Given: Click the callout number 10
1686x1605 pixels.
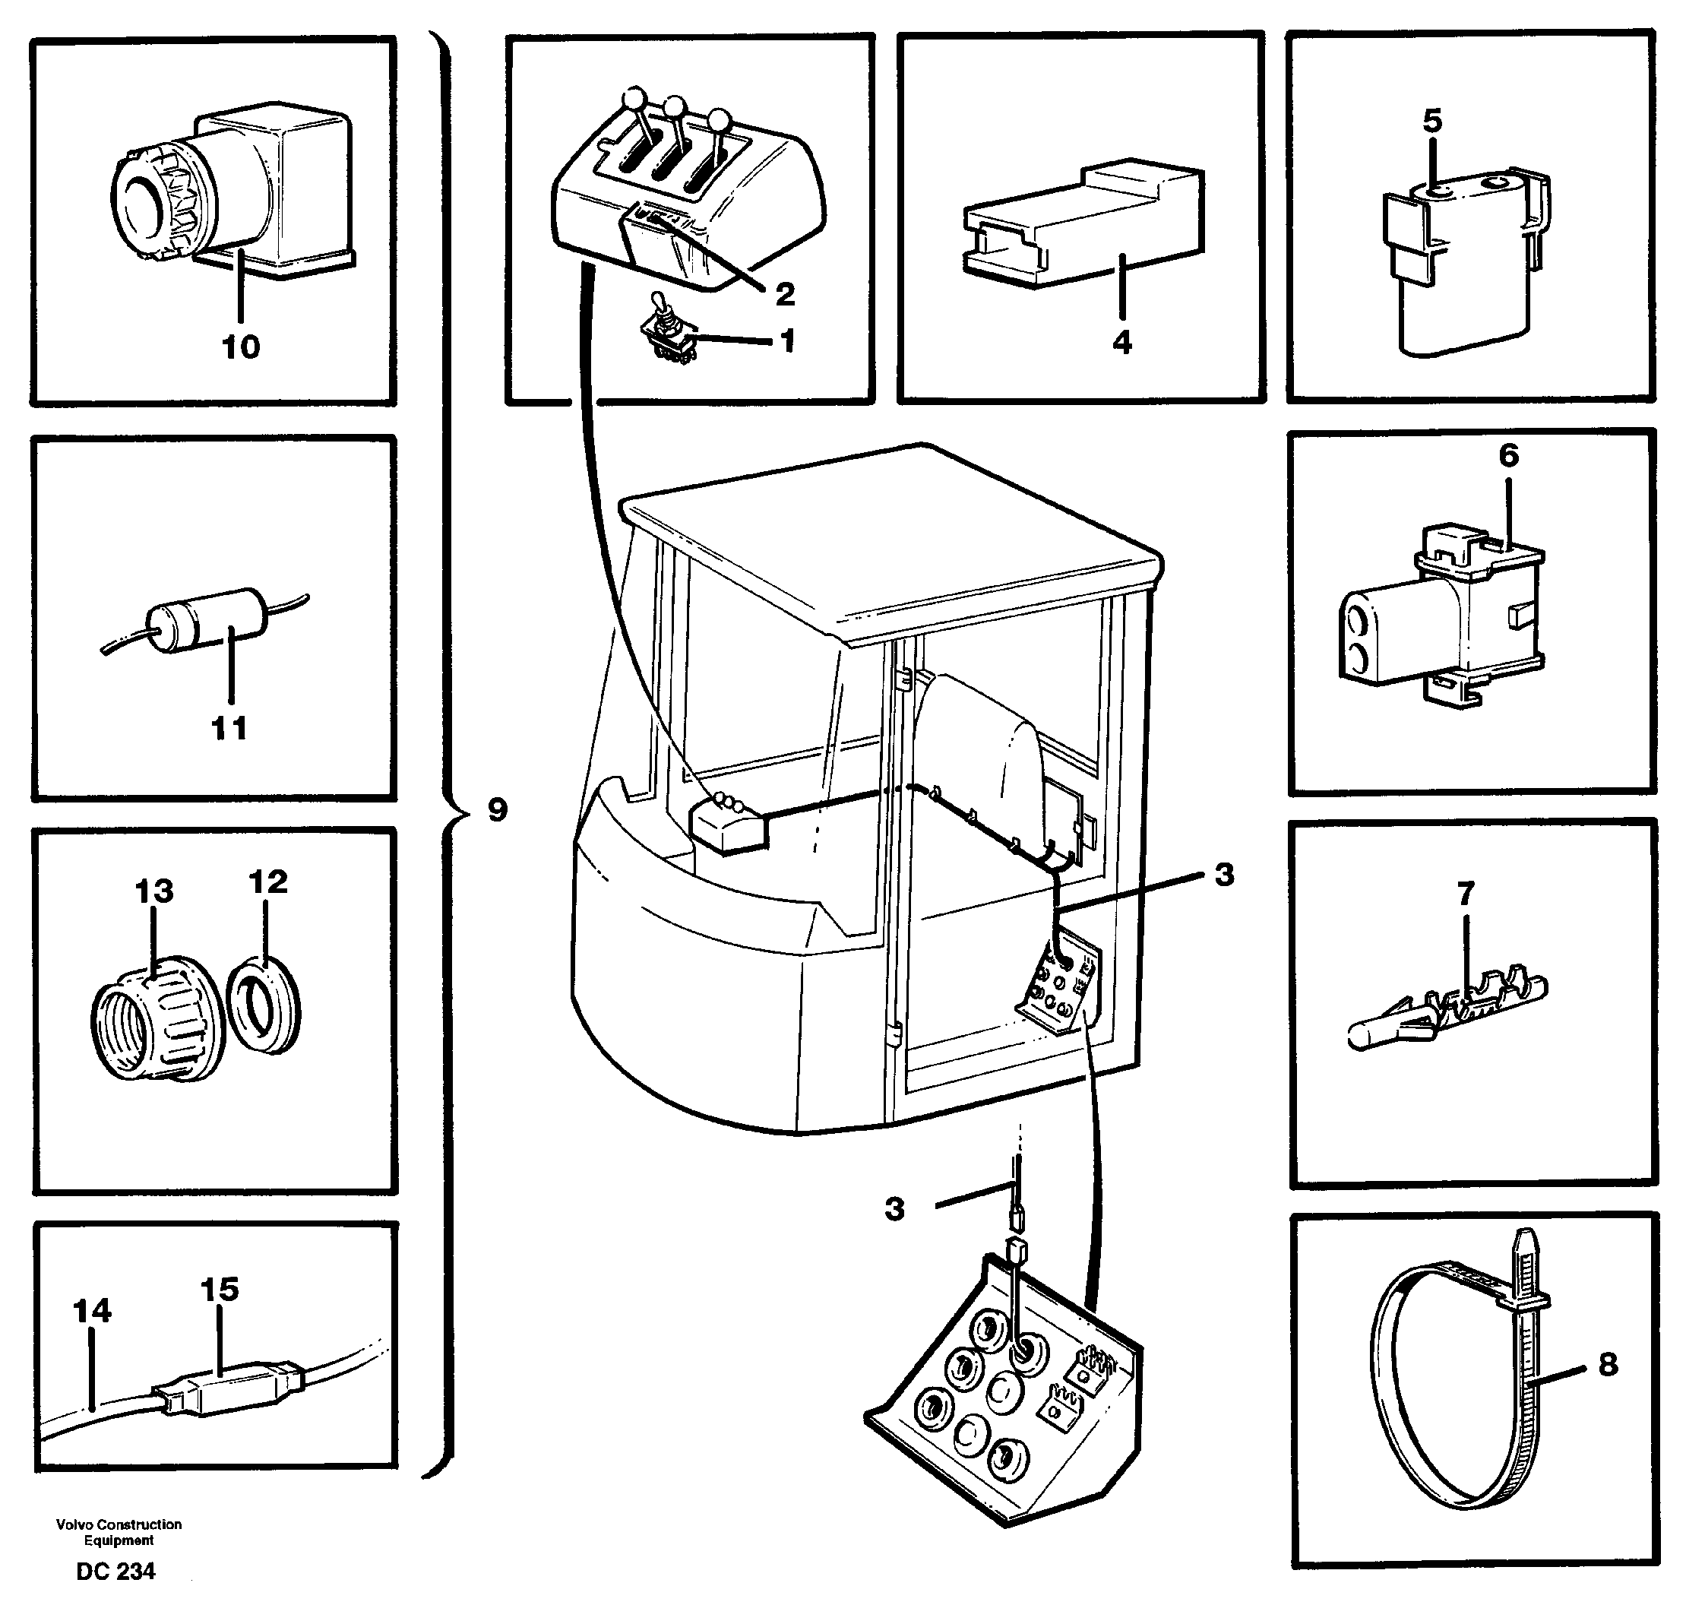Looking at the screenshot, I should pyautogui.click(x=240, y=347).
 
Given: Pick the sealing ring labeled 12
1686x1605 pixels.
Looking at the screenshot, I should pyautogui.click(x=264, y=1006).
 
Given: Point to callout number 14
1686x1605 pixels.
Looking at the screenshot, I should pyautogui.click(x=91, y=1311).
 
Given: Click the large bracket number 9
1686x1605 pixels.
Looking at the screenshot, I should pyautogui.click(x=497, y=809).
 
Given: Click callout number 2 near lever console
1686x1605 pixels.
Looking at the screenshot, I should pyautogui.click(x=784, y=294).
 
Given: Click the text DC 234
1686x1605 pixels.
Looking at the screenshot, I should pyautogui.click(x=115, y=1572).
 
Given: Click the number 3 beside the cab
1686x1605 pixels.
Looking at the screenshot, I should pyautogui.click(x=1224, y=875).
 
